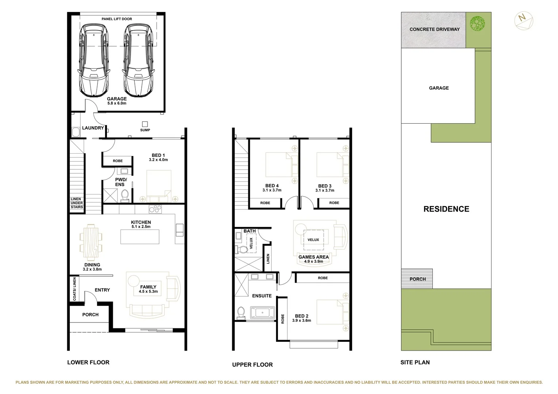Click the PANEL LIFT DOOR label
(116, 19)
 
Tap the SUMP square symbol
(145, 124)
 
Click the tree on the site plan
(477, 24)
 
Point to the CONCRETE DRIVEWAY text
(434, 29)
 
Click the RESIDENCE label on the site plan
(446, 209)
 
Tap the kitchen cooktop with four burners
(155, 209)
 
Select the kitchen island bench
(140, 237)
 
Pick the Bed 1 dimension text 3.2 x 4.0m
(158, 160)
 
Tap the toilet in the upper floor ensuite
(241, 313)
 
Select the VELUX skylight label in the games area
(313, 240)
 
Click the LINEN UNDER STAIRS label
(77, 203)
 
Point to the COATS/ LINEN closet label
(74, 289)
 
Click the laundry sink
(76, 132)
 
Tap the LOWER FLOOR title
(88, 362)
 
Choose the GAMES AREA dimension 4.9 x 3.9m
(313, 261)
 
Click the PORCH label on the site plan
(417, 279)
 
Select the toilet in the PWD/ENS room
(125, 195)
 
